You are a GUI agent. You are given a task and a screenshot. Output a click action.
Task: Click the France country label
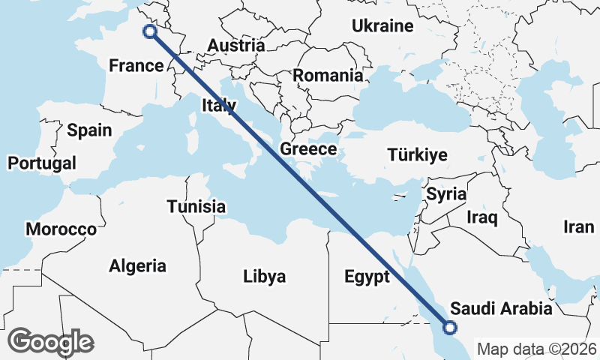[136, 66]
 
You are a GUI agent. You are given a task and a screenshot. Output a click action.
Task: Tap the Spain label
[89, 130]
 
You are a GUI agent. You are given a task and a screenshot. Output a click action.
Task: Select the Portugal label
[42, 163]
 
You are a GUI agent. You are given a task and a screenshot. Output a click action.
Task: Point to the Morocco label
[61, 229]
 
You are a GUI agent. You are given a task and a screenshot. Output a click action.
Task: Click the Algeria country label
[138, 266]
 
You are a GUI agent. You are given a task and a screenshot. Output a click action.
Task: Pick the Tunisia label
[196, 206]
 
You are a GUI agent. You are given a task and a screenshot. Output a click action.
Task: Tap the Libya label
[265, 277]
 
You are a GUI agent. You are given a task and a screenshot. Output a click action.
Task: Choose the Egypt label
[367, 277]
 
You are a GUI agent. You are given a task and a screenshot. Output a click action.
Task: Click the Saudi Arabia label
[501, 309]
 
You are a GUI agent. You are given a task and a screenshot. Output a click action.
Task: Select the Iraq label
[482, 217]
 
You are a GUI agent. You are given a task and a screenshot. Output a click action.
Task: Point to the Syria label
[446, 194]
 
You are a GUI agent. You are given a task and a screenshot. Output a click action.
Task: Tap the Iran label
[578, 227]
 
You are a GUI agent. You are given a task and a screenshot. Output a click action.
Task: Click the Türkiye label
[418, 156]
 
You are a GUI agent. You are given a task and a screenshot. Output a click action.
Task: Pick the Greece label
[308, 149]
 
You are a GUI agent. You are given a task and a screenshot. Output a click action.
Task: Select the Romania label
[328, 76]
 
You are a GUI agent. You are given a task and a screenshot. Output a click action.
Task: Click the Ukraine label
[382, 26]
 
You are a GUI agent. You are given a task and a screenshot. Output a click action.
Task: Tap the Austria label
[235, 46]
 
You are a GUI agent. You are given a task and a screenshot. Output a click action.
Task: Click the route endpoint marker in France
[149, 31]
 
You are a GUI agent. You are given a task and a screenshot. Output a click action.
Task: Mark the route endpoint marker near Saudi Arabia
[449, 327]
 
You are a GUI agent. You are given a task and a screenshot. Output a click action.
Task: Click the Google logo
[51, 342]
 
